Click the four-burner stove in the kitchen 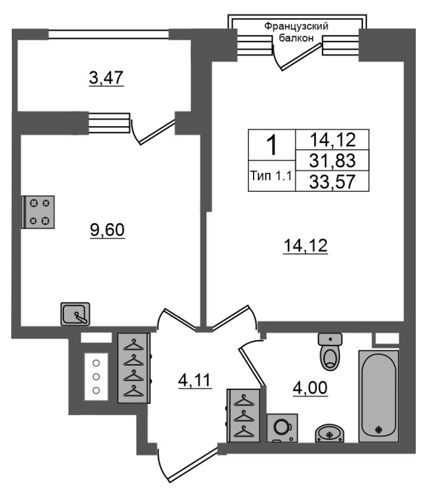click(38, 212)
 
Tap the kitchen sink click(75, 314)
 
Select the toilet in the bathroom click(330, 352)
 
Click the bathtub click(379, 396)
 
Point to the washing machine click(282, 428)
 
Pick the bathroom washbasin click(329, 433)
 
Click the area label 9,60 click(107, 230)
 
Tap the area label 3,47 click(106, 78)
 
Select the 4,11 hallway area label click(195, 380)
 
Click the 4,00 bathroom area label click(310, 388)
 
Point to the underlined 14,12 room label click(306, 246)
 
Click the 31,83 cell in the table click(333, 160)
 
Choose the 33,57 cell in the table click(333, 181)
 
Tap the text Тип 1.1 click(271, 175)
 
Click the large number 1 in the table click(272, 145)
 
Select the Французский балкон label click(296, 32)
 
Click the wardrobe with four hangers click(134, 368)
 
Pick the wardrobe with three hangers click(244, 416)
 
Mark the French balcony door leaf click(301, 57)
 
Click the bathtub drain click(379, 430)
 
